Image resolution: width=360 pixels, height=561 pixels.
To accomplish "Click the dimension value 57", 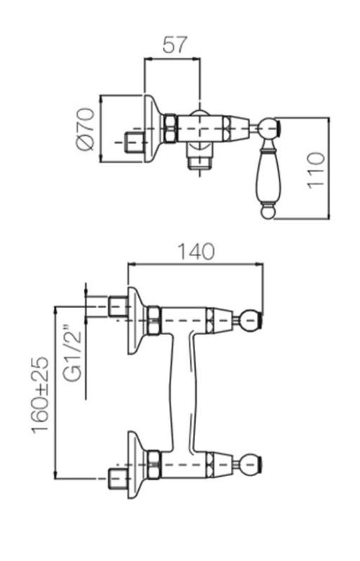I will [175, 45].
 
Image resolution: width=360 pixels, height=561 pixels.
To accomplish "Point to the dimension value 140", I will [195, 251].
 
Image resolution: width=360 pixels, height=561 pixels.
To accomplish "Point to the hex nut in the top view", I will [170, 128].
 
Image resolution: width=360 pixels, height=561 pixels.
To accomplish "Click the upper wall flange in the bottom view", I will [136, 320].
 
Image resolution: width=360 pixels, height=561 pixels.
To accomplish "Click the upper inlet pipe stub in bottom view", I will [117, 306].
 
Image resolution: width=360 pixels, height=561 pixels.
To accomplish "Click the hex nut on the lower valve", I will [154, 464].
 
